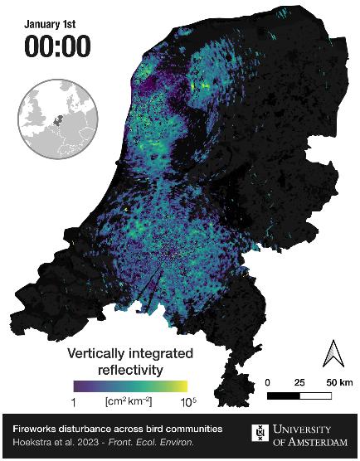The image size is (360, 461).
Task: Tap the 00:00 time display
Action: pos(56,46)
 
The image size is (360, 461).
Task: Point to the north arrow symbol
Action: pos(331,354)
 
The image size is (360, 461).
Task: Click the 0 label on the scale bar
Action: pos(270,382)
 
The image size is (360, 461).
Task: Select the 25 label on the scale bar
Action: pos(299,382)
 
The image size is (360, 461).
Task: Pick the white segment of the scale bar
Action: pos(315,395)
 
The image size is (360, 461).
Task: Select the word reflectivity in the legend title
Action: pos(129,369)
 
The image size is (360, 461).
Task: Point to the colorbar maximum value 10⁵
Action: pos(186,402)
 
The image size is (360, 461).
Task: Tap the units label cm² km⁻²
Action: pos(129,401)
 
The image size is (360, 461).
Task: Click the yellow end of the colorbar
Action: pos(182,386)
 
